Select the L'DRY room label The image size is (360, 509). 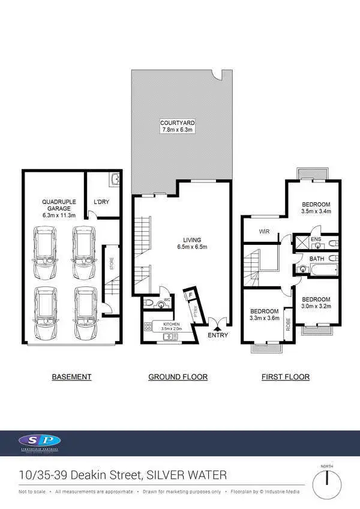point(101,202)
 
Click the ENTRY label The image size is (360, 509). point(218,335)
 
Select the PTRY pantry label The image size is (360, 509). point(195,313)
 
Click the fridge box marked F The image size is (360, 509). point(191,295)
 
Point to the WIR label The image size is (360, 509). point(263,230)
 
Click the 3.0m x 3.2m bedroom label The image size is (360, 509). point(316,303)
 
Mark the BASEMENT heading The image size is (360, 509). point(71,377)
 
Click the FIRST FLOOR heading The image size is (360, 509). point(286,377)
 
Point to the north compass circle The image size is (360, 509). point(327,480)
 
